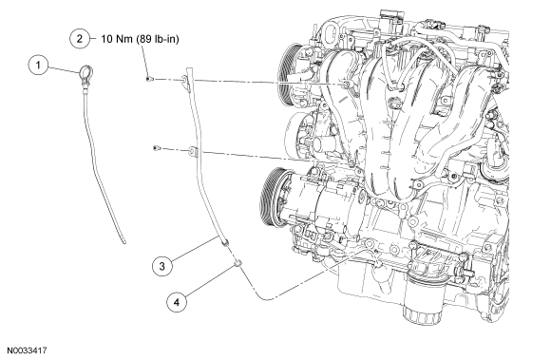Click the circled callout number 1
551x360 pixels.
click(x=38, y=65)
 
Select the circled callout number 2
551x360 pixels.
click(x=80, y=38)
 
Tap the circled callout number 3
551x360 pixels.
click(x=162, y=266)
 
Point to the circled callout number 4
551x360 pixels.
click(x=177, y=302)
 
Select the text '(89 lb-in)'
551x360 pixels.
click(x=158, y=39)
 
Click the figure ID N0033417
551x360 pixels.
click(x=27, y=351)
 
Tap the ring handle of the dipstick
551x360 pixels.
click(x=85, y=72)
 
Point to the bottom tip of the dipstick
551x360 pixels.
click(x=124, y=241)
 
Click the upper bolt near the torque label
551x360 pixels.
click(x=148, y=79)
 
